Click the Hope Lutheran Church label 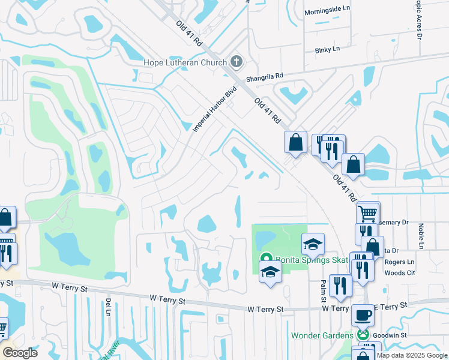[x=185, y=62]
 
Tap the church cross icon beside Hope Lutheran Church [x=237, y=62]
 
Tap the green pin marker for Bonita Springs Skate [x=265, y=259]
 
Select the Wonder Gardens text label [x=323, y=335]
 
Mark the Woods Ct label [x=402, y=272]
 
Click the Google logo [x=20, y=352]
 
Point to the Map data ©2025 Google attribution [x=412, y=355]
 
